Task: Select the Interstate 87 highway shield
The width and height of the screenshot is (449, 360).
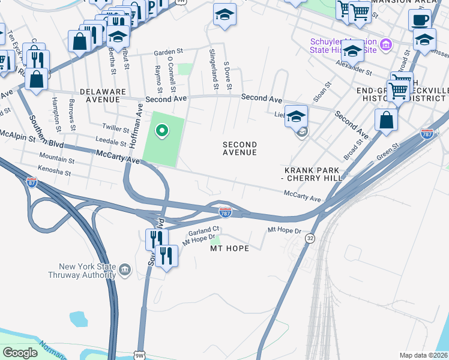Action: (31, 182)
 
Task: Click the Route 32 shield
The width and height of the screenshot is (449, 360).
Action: (310, 238)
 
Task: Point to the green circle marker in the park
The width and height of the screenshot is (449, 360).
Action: (161, 130)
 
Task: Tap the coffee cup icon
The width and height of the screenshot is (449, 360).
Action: (420, 19)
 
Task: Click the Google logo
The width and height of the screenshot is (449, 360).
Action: (20, 353)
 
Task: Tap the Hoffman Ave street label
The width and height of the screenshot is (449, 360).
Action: (136, 125)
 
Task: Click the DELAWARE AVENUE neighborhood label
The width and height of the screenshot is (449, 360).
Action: (106, 95)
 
